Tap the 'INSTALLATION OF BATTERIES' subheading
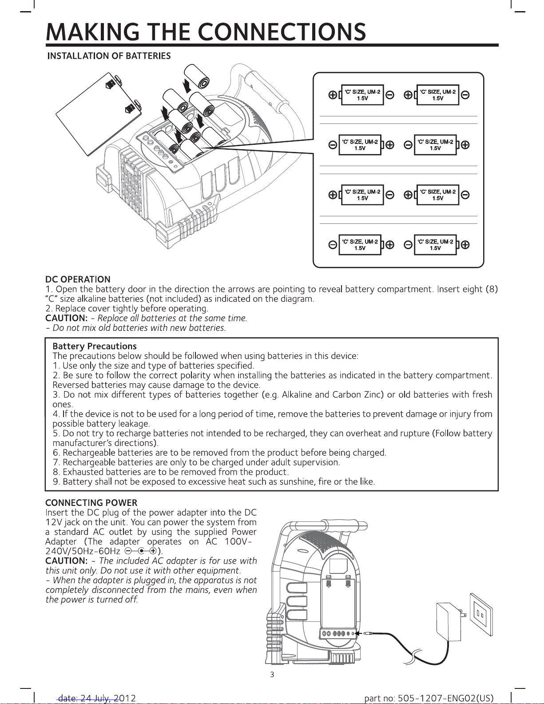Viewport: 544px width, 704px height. pyautogui.click(x=109, y=56)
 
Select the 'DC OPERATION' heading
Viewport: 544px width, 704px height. pyautogui.click(x=78, y=279)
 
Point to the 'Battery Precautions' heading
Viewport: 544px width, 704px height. pyautogui.click(x=95, y=346)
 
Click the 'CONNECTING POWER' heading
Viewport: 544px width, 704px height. pyautogui.click(x=91, y=503)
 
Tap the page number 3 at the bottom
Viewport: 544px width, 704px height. pyautogui.click(x=272, y=675)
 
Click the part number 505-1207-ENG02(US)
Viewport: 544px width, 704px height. pyautogui.click(x=429, y=698)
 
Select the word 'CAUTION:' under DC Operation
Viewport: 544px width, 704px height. pyautogui.click(x=66, y=318)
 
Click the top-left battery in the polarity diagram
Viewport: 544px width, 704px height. pyautogui.click(x=362, y=95)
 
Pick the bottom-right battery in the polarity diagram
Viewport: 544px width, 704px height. pyautogui.click(x=435, y=245)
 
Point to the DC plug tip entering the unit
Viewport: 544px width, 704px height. pyautogui.click(x=367, y=633)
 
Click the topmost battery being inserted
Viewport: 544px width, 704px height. pyautogui.click(x=198, y=77)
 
